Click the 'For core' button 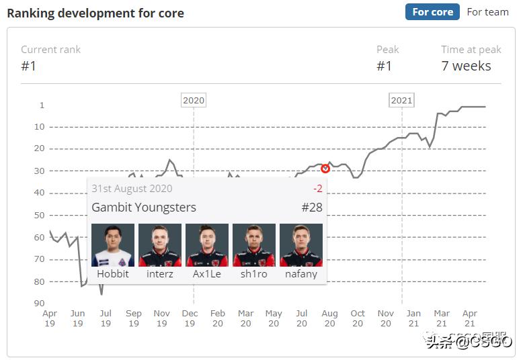[x=433, y=12]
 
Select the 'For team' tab [x=487, y=12]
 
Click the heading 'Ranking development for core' [x=95, y=13]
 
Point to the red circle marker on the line [x=325, y=169]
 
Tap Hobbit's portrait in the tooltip [x=113, y=245]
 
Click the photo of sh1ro [x=254, y=245]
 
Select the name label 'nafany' [x=300, y=274]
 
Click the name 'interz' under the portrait [x=160, y=274]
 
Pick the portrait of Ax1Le [x=207, y=245]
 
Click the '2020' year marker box [x=194, y=100]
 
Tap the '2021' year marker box [x=401, y=100]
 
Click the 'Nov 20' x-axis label [x=385, y=318]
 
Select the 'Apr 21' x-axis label [x=470, y=318]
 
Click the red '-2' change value [x=317, y=189]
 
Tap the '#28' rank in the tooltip [x=312, y=207]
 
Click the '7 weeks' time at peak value [x=466, y=66]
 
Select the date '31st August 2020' [x=132, y=189]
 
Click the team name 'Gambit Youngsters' [x=144, y=207]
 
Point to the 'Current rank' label [x=50, y=50]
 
